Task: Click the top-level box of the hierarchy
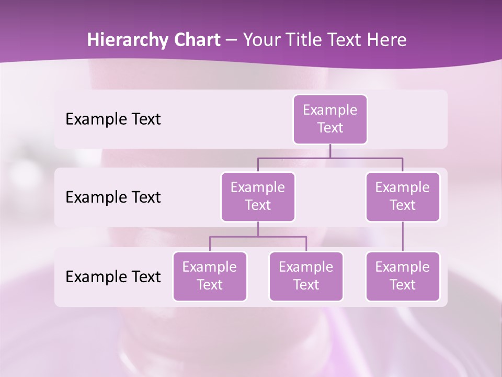[330, 119]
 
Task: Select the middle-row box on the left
[258, 196]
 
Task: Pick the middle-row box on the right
[403, 196]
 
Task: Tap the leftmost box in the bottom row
[210, 276]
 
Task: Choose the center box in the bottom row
[306, 276]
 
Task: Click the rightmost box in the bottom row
[403, 276]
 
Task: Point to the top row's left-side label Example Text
[113, 119]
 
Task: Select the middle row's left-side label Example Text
[113, 197]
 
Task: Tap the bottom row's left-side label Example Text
[113, 276]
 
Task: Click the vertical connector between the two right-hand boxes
[403, 237]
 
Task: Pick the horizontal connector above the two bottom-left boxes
[282, 237]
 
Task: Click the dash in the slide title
[231, 40]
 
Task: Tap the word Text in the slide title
[345, 40]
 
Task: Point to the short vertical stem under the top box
[330, 151]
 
